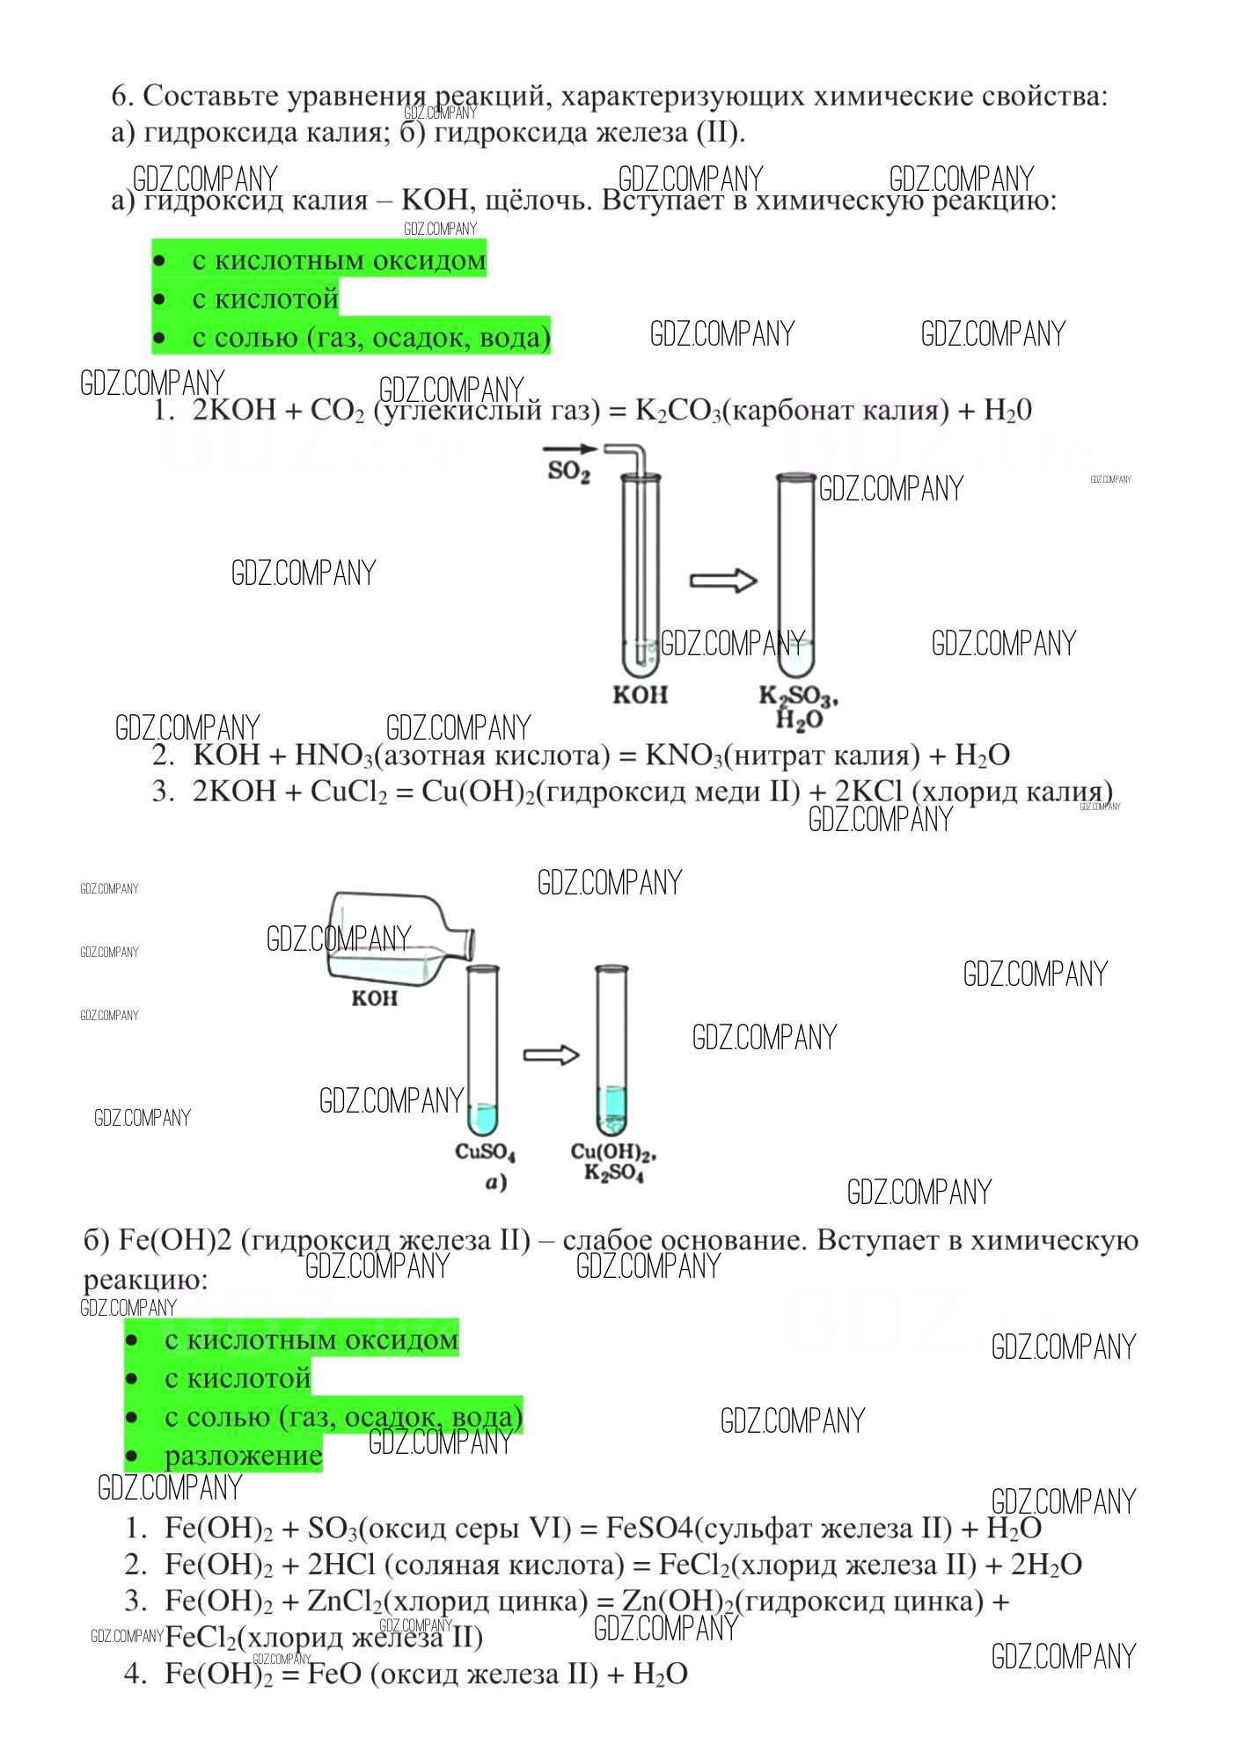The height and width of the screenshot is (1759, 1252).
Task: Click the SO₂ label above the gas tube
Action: tap(568, 471)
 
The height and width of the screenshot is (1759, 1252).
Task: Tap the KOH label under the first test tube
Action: tap(640, 695)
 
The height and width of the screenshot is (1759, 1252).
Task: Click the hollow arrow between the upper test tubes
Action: tap(723, 580)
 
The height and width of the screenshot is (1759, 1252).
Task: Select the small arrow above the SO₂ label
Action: tap(570, 449)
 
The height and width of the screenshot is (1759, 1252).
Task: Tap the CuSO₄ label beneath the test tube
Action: tap(485, 1151)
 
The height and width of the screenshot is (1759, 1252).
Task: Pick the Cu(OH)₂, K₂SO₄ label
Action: tap(614, 1162)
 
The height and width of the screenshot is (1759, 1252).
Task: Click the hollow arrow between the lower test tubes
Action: tap(551, 1055)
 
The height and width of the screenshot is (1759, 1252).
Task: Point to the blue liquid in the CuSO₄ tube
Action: tap(482, 1119)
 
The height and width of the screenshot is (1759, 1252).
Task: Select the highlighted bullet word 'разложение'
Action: tap(243, 1456)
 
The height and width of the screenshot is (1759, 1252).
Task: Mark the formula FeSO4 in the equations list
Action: tap(649, 1528)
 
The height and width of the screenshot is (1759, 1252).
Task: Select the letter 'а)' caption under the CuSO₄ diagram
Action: tap(496, 1183)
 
